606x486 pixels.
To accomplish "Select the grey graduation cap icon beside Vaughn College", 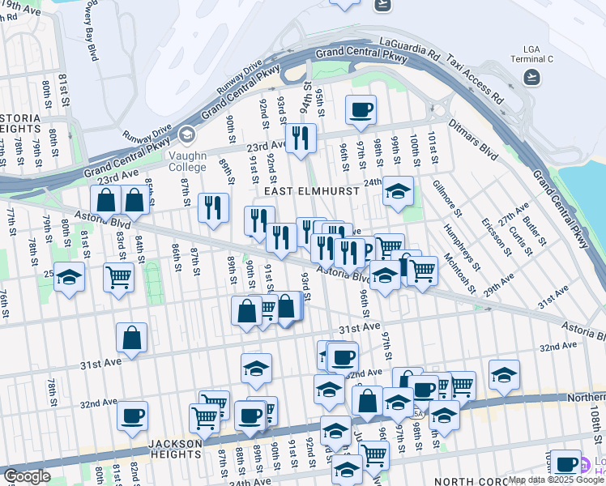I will pos(188,134).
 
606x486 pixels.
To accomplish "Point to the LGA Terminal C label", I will pos(531,59).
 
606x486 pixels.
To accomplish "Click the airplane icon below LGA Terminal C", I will pos(531,77).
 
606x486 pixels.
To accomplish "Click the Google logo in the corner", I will pos(26,476).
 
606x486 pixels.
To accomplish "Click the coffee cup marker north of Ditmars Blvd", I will pos(361,109).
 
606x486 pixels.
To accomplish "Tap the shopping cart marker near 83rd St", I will pos(119,277).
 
